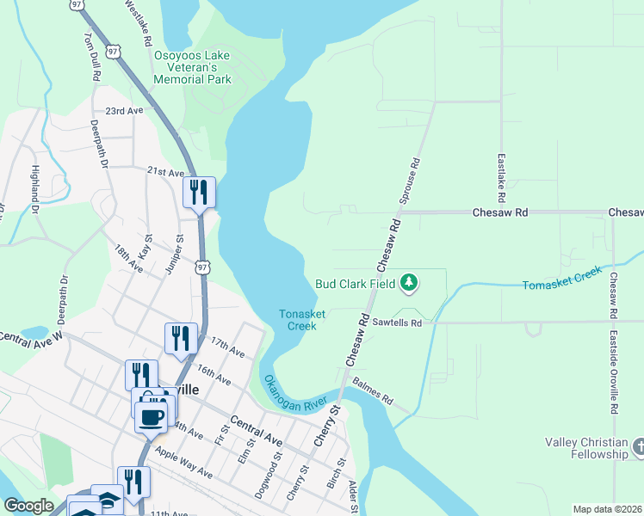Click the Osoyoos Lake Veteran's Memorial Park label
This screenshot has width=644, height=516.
192,67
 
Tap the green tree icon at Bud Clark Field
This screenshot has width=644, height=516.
411,282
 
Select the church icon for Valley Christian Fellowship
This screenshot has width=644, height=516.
638,446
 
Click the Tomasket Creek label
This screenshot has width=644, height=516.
562,278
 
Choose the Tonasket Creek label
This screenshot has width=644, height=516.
302,320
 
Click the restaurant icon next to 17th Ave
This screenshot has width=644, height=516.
181,337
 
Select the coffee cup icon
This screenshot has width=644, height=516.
152,417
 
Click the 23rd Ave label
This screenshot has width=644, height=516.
124,112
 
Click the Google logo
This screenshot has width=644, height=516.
29,506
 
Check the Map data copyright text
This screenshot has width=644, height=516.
607,509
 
